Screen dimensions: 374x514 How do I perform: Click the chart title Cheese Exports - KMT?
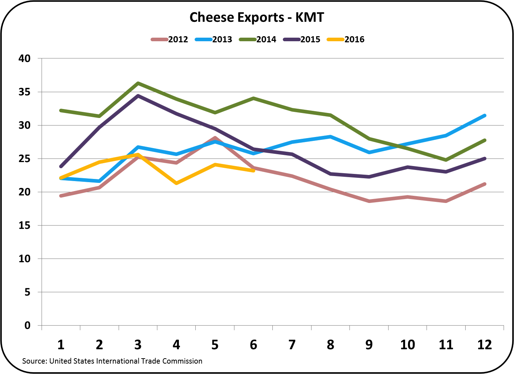click(257, 17)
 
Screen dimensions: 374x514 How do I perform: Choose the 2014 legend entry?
click(266, 39)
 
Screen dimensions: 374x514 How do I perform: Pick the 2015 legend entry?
click(310, 39)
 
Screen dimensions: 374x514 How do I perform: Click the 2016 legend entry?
click(354, 39)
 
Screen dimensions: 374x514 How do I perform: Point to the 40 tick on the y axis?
click(24, 58)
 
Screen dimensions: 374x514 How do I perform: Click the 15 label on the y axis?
click(24, 225)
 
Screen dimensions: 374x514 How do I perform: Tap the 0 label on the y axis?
click(27, 325)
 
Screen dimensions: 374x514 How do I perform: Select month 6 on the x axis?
click(253, 345)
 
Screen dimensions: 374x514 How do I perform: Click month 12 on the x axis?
click(485, 345)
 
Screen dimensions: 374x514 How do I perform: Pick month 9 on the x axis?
click(369, 345)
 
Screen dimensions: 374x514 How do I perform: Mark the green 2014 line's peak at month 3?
click(138, 83)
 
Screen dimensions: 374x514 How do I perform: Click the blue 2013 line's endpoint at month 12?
click(485, 115)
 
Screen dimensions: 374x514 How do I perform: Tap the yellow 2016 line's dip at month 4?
click(176, 183)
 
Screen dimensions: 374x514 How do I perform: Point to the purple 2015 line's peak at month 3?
click(138, 96)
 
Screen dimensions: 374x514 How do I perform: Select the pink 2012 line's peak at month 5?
click(215, 137)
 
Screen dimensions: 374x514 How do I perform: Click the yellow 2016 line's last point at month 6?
click(253, 171)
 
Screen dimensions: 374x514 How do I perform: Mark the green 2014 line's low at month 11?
click(446, 160)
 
